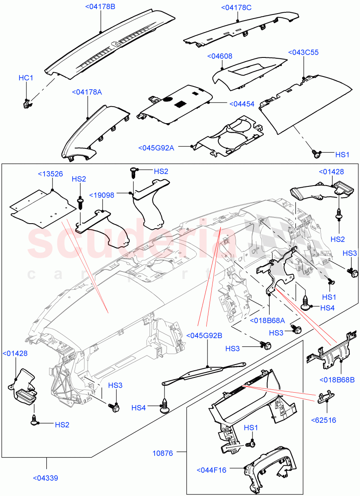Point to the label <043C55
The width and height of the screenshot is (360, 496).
304,52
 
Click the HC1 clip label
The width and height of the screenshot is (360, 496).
26,78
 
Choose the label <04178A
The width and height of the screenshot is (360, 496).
87,92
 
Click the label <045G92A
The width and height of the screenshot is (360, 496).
156,148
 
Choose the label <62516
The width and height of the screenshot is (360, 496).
324,420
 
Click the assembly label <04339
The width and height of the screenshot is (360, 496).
45,478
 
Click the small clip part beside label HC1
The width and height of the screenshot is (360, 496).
26,104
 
